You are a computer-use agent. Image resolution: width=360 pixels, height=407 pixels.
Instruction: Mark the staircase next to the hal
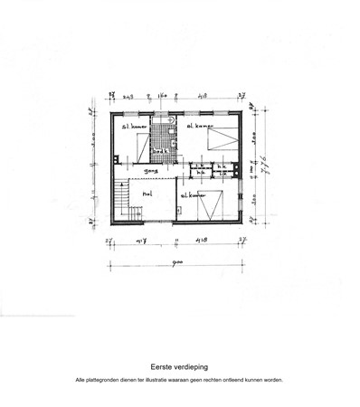120,201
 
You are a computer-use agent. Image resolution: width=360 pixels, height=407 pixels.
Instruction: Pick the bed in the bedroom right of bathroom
221,137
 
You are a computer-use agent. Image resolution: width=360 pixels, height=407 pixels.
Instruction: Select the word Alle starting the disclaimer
81,380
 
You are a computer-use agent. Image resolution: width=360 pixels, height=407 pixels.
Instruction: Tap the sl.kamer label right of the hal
194,194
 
